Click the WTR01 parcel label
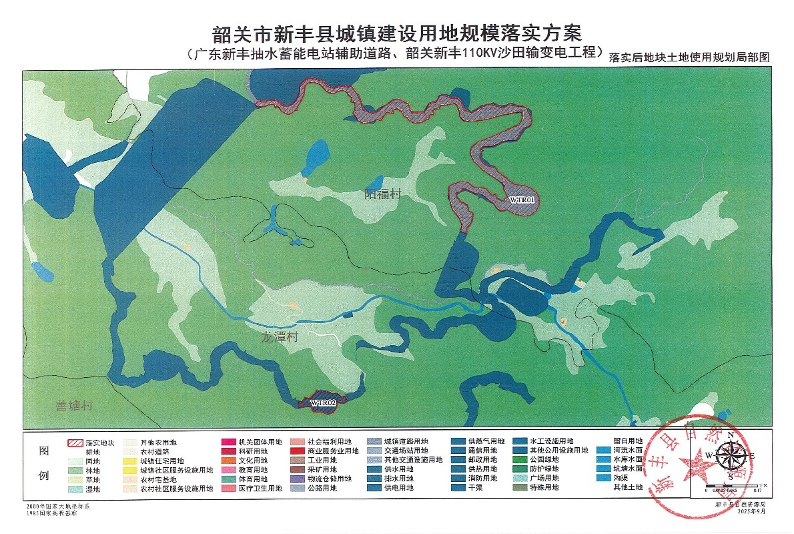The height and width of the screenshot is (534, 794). pos(522,200)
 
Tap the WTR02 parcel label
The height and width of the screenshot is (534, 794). pos(322,402)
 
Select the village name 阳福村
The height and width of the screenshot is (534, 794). pos(383,194)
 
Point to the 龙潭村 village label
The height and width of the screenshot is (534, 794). pos(279,338)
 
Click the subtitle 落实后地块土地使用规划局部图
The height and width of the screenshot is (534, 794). pos(689,58)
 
